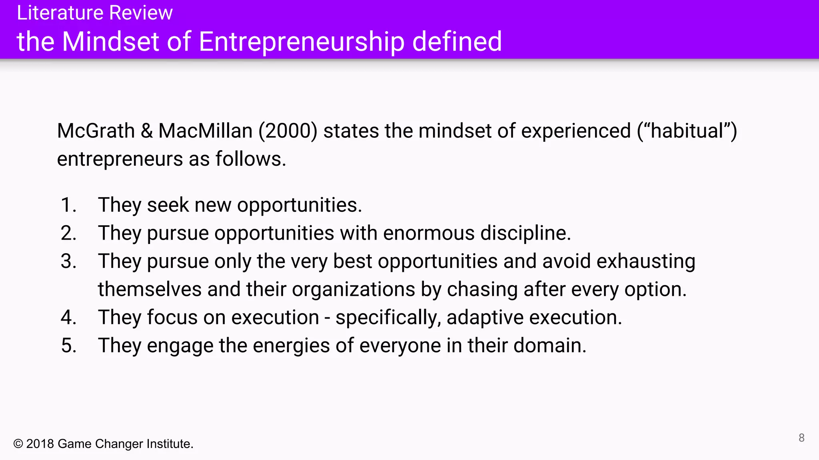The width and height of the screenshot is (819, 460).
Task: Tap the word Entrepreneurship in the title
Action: click(302, 42)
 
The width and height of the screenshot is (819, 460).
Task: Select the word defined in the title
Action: click(457, 42)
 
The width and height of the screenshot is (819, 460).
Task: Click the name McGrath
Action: click(96, 131)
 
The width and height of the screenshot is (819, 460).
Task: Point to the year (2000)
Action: click(288, 131)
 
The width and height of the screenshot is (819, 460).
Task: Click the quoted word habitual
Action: click(687, 131)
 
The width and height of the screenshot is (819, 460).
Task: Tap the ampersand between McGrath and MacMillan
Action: click(147, 131)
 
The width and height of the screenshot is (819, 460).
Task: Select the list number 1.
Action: click(68, 205)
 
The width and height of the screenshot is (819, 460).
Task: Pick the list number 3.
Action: click(68, 262)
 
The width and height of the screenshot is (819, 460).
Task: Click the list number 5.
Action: click(68, 346)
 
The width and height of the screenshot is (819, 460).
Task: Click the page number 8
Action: click(801, 438)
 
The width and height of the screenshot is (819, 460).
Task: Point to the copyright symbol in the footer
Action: click(18, 444)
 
